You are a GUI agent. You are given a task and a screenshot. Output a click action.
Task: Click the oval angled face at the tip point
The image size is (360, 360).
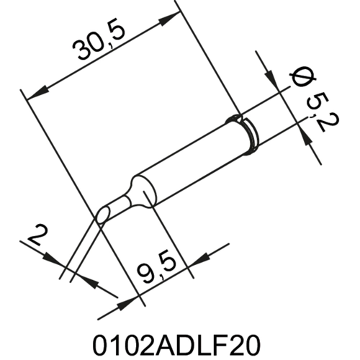click(x=104, y=212)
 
